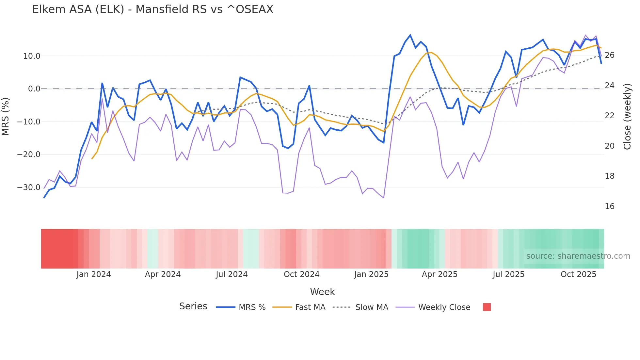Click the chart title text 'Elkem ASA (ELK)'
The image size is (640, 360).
[78, 9]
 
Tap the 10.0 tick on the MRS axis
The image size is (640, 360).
[32, 56]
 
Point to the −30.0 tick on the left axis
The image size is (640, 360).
[29, 188]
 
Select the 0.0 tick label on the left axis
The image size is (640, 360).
[34, 89]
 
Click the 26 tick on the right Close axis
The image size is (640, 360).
[609, 55]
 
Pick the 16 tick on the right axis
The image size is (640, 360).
[609, 206]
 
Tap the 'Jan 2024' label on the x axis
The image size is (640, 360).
[94, 274]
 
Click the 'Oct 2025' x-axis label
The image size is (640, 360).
[578, 274]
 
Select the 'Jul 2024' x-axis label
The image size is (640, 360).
[232, 274]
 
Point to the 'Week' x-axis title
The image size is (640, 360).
[322, 292]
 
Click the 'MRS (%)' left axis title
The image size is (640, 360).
[6, 116]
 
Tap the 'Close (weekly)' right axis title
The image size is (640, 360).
[627, 116]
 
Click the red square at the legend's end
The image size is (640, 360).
[487, 307]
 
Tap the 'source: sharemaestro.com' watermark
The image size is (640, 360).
[578, 256]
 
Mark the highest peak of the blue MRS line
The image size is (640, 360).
[410, 35]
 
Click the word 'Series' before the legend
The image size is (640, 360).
[193, 306]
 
